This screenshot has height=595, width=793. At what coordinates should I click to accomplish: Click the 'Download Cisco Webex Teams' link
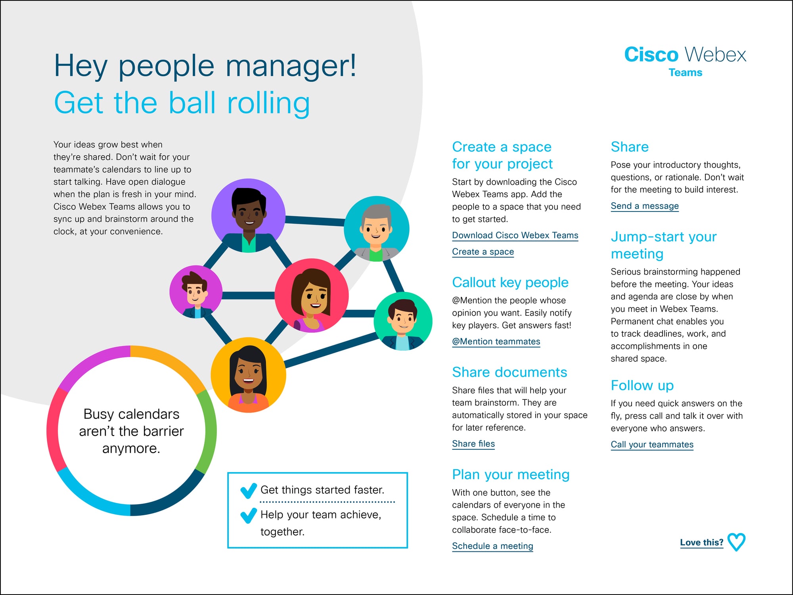[515, 235]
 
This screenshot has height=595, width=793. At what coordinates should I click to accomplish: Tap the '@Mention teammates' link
[496, 342]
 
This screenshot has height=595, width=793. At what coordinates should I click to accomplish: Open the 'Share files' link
[473, 444]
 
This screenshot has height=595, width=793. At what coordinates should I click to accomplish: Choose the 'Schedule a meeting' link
[492, 546]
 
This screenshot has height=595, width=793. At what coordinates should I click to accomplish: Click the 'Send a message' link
[645, 206]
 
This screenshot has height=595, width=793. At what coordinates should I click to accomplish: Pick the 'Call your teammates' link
[652, 445]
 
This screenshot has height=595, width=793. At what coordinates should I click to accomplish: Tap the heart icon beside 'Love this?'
[737, 542]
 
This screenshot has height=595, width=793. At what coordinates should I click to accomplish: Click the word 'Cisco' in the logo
[651, 55]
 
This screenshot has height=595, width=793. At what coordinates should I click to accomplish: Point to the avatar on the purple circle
[249, 215]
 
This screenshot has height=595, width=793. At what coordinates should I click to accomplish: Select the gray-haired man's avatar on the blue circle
[376, 229]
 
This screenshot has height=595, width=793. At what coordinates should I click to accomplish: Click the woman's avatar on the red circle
[312, 296]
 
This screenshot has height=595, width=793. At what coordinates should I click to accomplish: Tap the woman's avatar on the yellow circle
[248, 375]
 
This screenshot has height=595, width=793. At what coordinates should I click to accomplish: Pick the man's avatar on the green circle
[403, 321]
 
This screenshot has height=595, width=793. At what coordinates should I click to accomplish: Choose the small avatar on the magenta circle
[195, 292]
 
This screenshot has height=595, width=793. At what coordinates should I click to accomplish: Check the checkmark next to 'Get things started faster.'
[249, 491]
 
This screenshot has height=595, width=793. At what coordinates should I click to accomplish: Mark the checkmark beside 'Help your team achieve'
[249, 515]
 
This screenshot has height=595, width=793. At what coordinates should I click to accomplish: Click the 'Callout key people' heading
[510, 282]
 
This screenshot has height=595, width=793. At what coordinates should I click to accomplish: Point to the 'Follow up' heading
[642, 385]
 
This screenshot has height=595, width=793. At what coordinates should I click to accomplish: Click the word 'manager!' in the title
[291, 66]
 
